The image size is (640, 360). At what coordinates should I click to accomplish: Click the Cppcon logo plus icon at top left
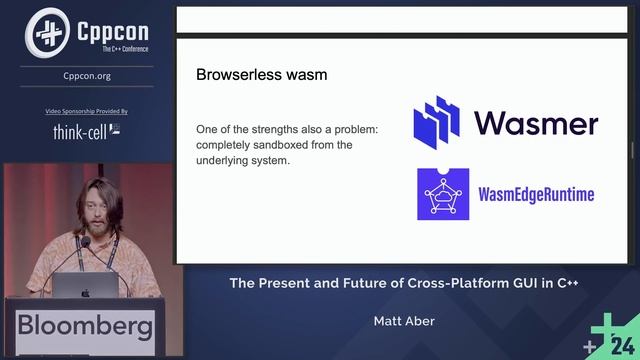[47, 32]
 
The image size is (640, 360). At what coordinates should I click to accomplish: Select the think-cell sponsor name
[81, 131]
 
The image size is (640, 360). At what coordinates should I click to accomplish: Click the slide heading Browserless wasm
[261, 74]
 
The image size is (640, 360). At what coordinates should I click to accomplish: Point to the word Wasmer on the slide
[536, 122]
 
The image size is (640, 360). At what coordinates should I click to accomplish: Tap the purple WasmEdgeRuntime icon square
[443, 194]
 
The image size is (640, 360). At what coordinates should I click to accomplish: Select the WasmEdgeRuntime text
[537, 194]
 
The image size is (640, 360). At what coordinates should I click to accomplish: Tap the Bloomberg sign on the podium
[85, 326]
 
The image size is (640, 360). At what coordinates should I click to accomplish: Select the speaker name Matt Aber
[404, 322]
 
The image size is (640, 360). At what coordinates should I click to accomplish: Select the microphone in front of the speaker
[84, 244]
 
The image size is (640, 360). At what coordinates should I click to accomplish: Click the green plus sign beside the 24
[602, 329]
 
